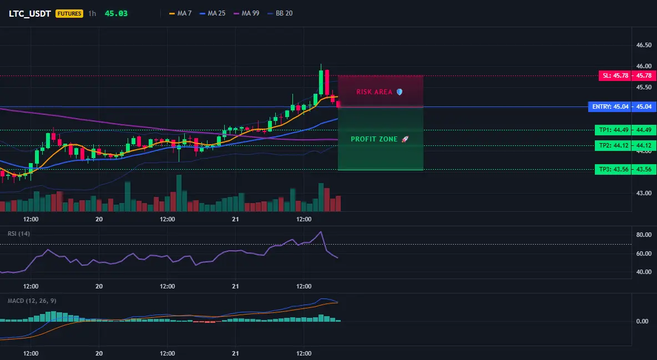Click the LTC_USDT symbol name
coord(30,13)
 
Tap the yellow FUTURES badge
coord(69,13)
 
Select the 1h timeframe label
coord(92,13)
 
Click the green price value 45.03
coord(116,13)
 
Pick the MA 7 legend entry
coord(180,13)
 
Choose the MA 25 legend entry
coord(213,13)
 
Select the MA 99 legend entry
coord(246,13)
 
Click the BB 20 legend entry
coord(280,13)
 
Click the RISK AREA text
coord(374,92)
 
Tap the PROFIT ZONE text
coord(374,139)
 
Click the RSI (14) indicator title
coord(19,234)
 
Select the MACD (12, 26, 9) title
coord(32,301)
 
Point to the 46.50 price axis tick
coord(644,45)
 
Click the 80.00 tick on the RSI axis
coord(644,235)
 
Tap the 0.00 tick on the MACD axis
coord(643,321)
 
